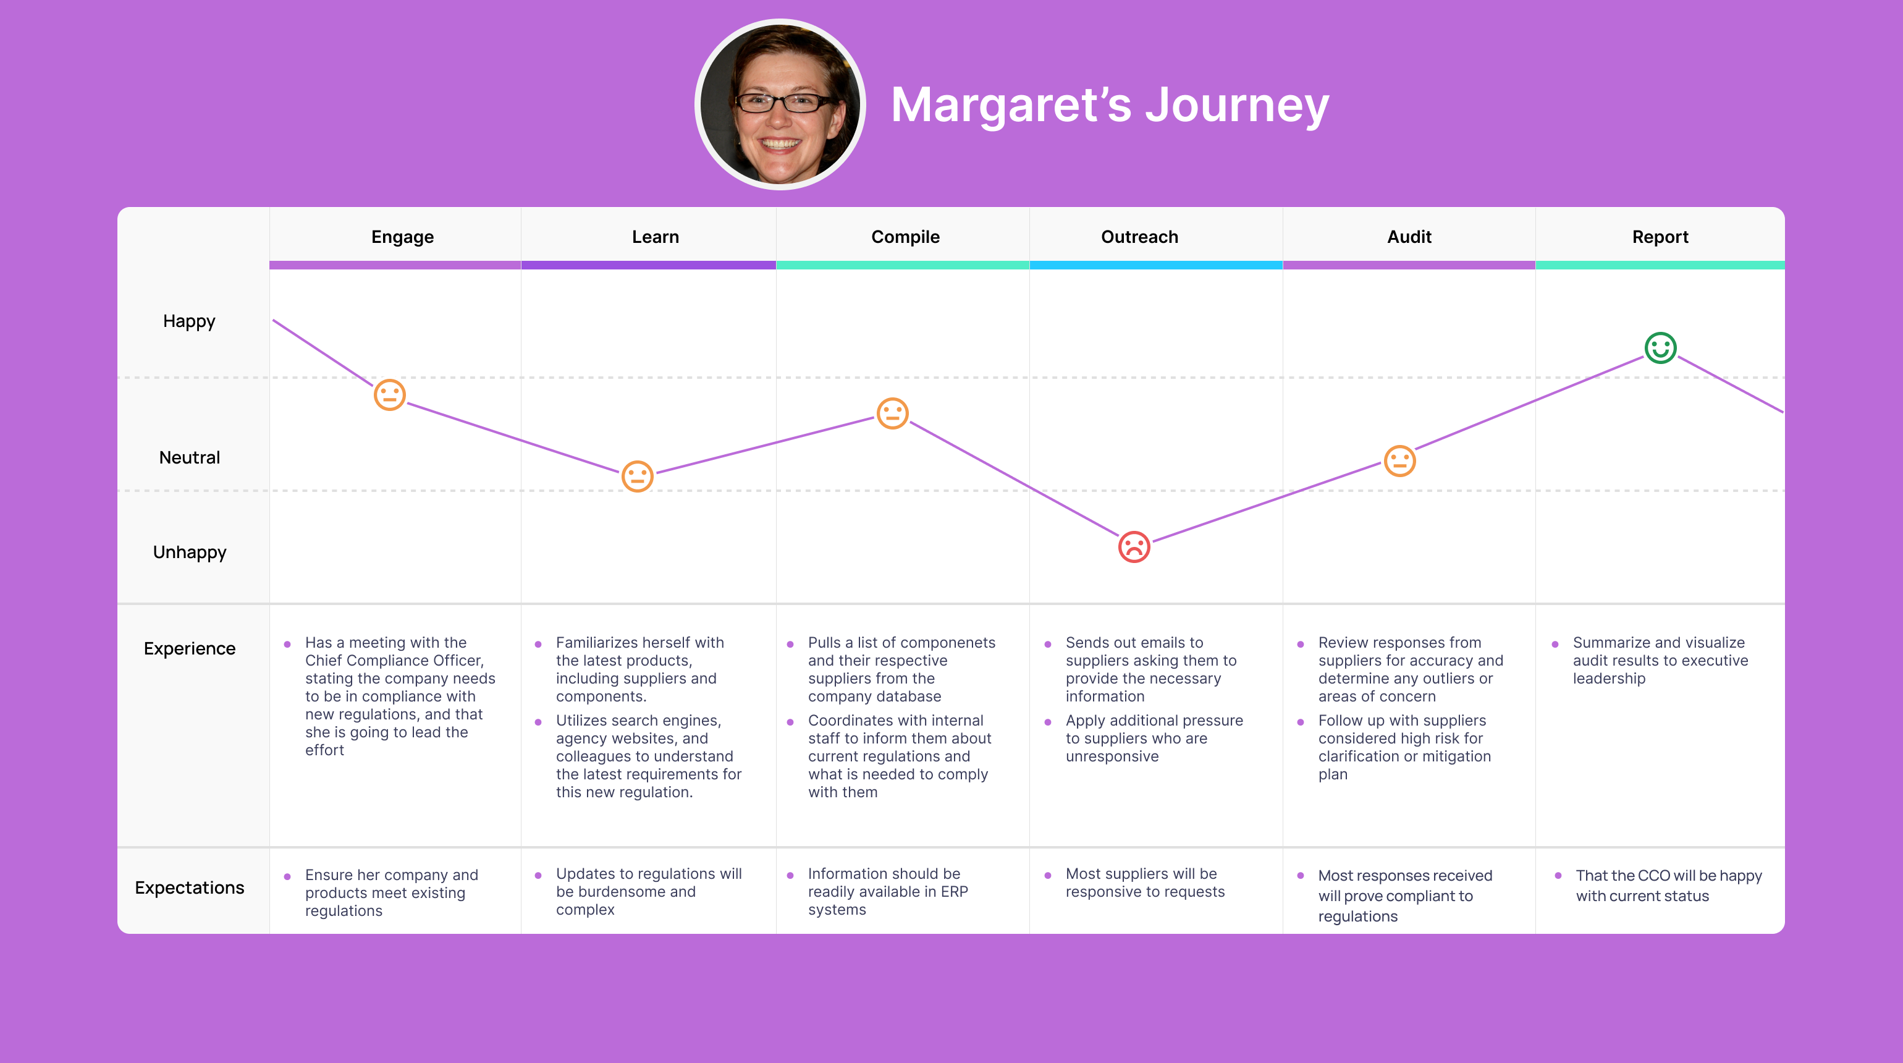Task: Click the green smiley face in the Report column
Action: coord(1660,347)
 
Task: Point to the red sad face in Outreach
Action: coord(1134,547)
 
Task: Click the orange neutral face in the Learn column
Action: coord(637,476)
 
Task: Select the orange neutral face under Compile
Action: coord(892,413)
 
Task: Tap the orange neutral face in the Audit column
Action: coord(1399,461)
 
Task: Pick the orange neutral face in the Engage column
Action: coord(389,394)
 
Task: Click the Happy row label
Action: coord(189,321)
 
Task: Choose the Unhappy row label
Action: coord(189,553)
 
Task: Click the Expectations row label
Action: coord(189,887)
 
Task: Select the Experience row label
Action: coord(189,648)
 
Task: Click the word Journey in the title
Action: coord(1237,106)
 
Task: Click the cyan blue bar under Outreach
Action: coord(1155,265)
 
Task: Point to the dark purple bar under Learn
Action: coord(648,265)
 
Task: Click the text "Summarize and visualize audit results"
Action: coord(1658,651)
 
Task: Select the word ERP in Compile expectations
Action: coord(954,892)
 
